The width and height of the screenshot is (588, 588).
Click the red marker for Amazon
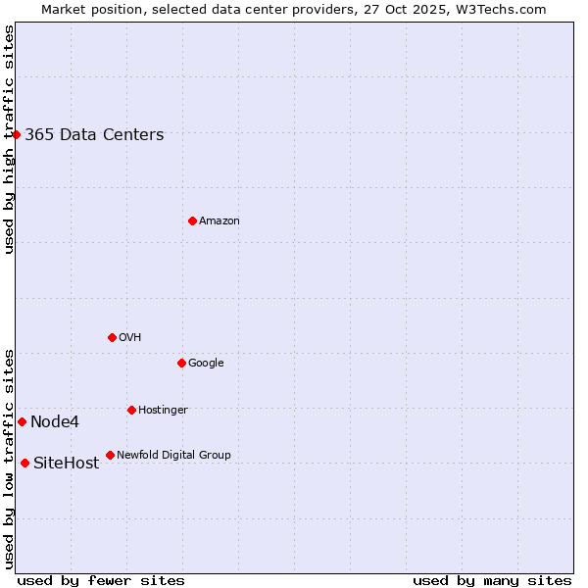192,220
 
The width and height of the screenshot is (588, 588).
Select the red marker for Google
181,363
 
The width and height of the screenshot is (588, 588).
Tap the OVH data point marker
112,337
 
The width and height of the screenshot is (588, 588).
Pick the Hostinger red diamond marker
131,410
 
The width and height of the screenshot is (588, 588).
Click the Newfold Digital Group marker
110,455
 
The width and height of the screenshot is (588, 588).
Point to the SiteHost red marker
24,463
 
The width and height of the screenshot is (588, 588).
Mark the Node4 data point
22,421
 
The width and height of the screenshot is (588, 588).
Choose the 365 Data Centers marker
17,134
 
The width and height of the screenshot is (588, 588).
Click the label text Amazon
220,221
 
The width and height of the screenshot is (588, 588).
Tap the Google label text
206,364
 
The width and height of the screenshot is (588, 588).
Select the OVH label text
130,338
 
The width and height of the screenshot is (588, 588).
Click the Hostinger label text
163,411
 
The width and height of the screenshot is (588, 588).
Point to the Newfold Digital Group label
173,456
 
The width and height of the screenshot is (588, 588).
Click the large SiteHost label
67,464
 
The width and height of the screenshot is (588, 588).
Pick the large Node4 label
55,422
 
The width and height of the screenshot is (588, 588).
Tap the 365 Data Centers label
94,135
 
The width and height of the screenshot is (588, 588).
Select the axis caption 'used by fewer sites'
101,580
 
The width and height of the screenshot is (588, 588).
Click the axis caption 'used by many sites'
492,580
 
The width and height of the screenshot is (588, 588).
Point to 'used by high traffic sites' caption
9,139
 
